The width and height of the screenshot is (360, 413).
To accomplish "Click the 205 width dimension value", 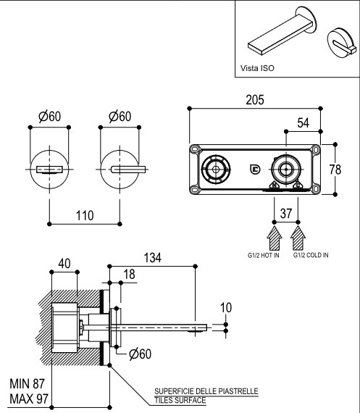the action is (255, 100).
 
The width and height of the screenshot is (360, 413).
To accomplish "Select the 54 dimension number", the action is (303, 123).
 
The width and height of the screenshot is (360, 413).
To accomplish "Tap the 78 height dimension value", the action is (335, 170).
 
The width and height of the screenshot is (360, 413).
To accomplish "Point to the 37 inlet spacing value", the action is (286, 213).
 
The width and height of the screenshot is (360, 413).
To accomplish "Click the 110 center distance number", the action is (85, 215).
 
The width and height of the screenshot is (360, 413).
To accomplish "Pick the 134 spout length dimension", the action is (153, 258).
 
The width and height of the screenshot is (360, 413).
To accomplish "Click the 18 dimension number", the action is (129, 274).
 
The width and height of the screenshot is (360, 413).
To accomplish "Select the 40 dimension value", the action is (64, 264).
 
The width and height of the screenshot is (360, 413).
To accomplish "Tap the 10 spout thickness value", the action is (226, 308).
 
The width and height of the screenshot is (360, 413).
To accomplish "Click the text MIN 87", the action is (27, 384).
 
